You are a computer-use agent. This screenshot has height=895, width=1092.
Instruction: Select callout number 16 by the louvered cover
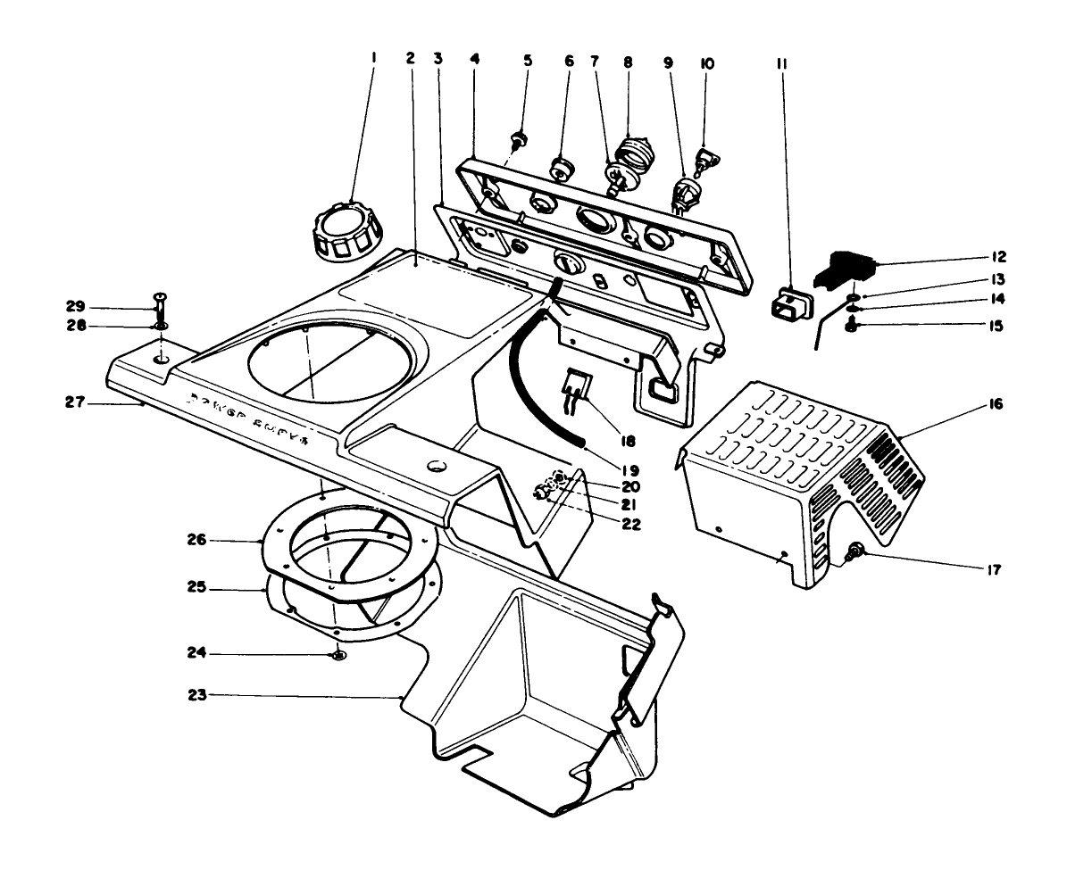tap(996, 405)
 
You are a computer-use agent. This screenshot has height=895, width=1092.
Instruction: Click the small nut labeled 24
tap(338, 657)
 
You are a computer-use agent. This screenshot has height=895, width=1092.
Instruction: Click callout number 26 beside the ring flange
tap(221, 541)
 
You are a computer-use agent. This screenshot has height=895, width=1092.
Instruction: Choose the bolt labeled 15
tap(851, 329)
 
